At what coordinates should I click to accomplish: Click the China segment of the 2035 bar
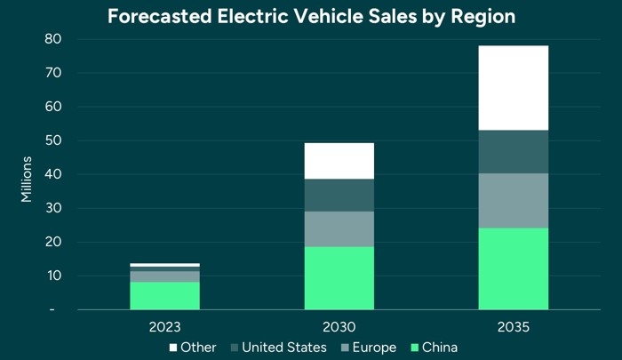(x=514, y=268)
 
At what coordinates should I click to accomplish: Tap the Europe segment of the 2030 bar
(x=339, y=228)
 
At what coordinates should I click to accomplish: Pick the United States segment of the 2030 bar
(x=339, y=195)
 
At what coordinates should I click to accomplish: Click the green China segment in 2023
(x=164, y=295)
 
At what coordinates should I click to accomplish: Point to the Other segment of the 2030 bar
(x=339, y=160)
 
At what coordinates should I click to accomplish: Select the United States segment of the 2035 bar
(x=514, y=151)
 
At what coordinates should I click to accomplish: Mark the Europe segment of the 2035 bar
(x=514, y=200)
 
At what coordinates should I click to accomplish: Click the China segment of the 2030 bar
(x=339, y=278)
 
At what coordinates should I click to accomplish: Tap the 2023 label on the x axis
(x=164, y=326)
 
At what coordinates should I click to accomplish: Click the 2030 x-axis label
(x=339, y=326)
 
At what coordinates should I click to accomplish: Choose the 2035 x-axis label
(x=514, y=326)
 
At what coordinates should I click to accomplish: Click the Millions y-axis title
(x=26, y=178)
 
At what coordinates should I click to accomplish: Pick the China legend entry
(x=435, y=347)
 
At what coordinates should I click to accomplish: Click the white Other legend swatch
(x=173, y=347)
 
